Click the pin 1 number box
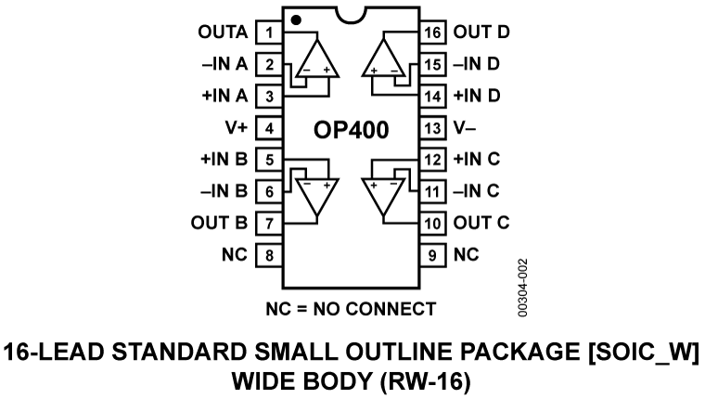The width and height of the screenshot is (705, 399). point(269,32)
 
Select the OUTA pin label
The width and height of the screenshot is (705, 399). point(224,32)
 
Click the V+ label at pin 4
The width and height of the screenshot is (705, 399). point(236,128)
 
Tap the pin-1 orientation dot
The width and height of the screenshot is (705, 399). point(295,19)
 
